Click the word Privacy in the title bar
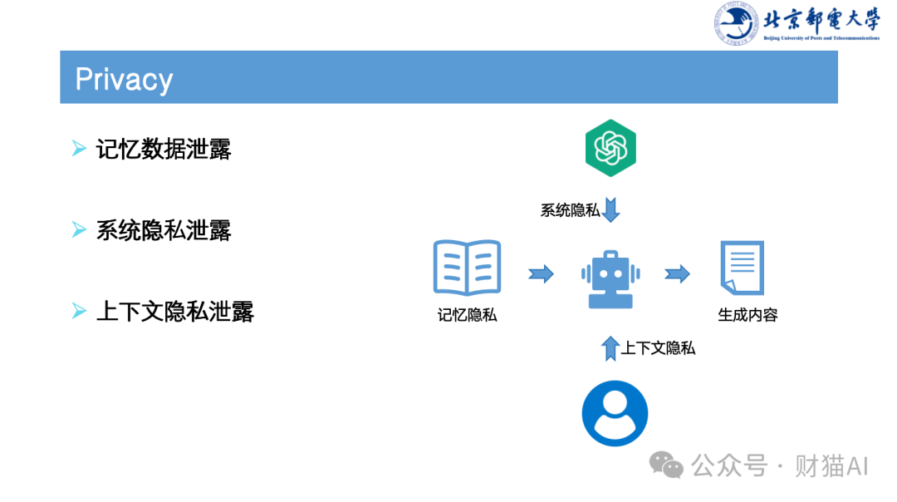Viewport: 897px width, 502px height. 124,79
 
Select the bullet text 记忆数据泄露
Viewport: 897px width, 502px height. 164,150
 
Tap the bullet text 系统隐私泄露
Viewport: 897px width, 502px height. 164,230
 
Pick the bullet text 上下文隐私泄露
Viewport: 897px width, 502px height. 174,312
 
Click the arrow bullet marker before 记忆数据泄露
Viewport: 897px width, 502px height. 79,150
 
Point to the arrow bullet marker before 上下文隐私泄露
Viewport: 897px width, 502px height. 79,312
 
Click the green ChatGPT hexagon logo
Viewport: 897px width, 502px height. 610,148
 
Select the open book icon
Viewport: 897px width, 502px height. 467,268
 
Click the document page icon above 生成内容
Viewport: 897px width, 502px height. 742,268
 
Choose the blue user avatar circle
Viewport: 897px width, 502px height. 615,414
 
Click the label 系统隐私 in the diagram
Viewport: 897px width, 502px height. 570,210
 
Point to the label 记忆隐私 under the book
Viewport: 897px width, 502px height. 467,315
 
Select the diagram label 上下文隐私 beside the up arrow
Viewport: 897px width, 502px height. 659,348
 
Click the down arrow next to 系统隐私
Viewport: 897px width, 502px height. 611,209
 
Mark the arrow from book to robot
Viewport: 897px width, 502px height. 542,273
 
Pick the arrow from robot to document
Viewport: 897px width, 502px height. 678,273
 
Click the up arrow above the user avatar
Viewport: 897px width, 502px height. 611,347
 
